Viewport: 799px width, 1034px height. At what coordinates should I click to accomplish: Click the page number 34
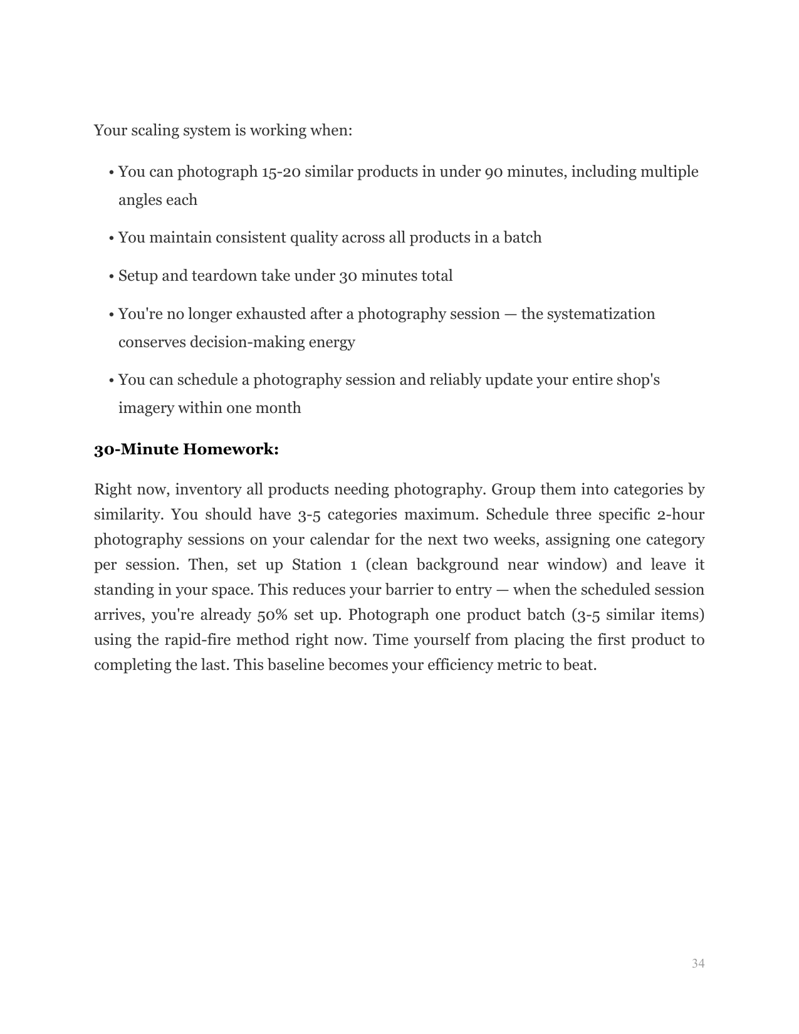click(698, 963)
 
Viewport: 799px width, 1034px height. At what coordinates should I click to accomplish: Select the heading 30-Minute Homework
click(186, 449)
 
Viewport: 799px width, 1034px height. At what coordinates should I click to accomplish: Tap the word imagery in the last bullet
click(145, 408)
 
